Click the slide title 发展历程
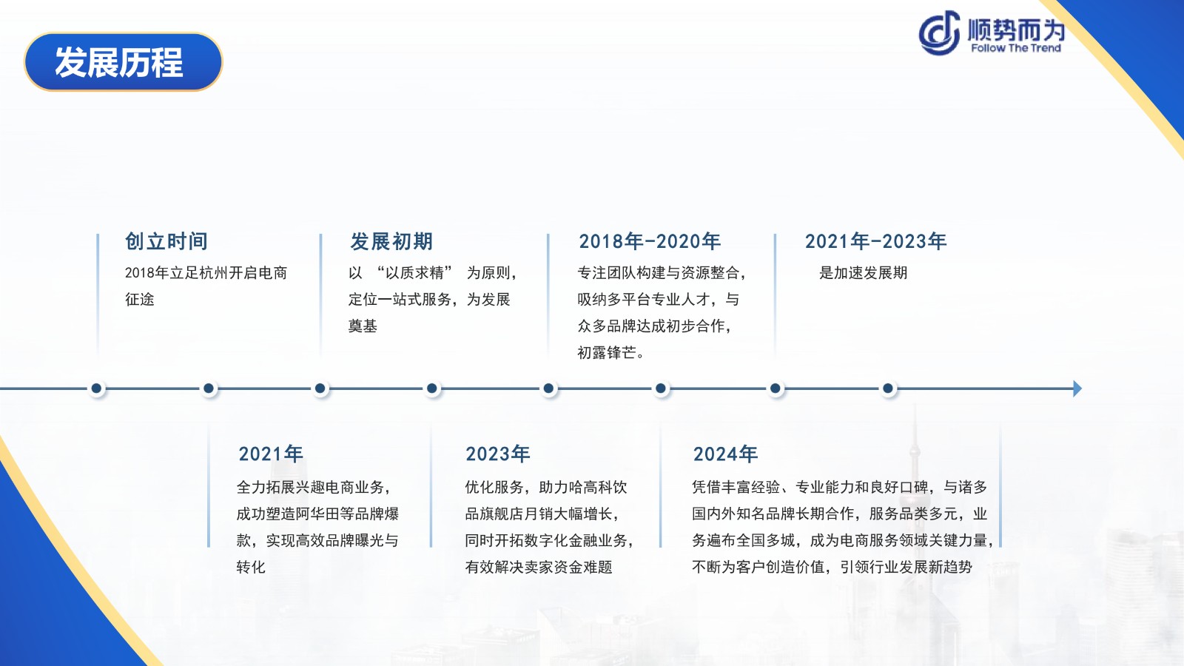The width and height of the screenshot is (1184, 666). (119, 62)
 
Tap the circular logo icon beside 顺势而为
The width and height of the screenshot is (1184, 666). (939, 33)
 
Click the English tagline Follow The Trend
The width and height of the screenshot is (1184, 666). (1015, 48)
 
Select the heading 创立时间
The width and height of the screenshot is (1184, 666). (166, 241)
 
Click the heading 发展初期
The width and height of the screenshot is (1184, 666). (391, 241)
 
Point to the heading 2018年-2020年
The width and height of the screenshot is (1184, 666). (649, 241)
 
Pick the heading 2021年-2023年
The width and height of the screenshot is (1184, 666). (875, 241)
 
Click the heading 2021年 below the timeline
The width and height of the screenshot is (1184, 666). (271, 454)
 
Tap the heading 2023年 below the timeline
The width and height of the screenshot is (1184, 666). (497, 454)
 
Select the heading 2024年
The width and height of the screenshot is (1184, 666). (725, 454)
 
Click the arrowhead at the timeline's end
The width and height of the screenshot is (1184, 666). (1077, 388)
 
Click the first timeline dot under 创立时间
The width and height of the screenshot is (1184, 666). (96, 388)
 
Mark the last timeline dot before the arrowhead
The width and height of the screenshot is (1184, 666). (888, 388)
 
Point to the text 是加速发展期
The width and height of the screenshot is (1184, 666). (863, 273)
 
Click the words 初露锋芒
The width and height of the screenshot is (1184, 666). (606, 352)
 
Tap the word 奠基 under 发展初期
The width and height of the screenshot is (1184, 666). (363, 326)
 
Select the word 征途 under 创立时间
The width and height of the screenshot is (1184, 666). (140, 299)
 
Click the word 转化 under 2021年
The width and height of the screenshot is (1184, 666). (251, 567)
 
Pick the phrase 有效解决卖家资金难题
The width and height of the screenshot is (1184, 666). (539, 567)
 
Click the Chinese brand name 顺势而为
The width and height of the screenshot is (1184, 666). (1016, 29)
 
